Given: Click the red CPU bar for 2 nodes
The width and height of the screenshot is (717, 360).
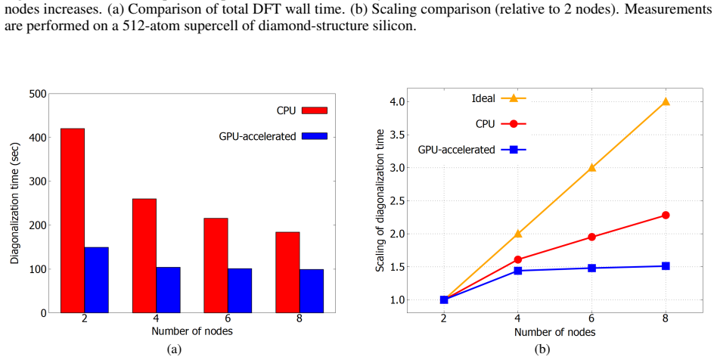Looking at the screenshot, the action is [73, 221].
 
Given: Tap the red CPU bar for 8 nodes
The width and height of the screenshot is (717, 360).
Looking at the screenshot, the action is [287, 272].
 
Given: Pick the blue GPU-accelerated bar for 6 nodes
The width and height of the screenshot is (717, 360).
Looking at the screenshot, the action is [240, 291].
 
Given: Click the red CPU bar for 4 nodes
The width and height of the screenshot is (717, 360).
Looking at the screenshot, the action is [144, 256].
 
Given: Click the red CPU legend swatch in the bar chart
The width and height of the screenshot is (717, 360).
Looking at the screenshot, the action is [315, 110].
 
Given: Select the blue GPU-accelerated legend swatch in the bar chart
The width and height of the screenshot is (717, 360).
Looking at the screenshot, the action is [315, 136].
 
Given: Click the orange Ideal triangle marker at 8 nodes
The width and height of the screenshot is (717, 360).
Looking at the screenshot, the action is [666, 101].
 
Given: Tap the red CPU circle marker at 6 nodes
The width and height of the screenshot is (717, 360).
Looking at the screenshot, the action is [591, 237].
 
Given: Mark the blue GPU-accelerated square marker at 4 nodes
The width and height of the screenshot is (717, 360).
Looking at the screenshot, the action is [518, 271].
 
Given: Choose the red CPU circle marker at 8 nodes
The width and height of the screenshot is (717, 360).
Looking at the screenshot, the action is [666, 215].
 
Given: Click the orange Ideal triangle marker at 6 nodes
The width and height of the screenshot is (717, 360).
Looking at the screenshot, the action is [591, 167].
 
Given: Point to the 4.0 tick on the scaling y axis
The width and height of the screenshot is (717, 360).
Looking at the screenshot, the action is [396, 101].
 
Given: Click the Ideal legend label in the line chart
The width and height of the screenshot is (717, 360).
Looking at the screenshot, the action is [483, 98].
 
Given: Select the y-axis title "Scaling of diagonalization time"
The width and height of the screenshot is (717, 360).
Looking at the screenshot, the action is [380, 200].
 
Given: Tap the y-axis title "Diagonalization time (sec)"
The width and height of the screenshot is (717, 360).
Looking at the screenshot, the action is [14, 203].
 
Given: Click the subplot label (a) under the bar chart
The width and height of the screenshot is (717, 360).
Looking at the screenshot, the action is [174, 350].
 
